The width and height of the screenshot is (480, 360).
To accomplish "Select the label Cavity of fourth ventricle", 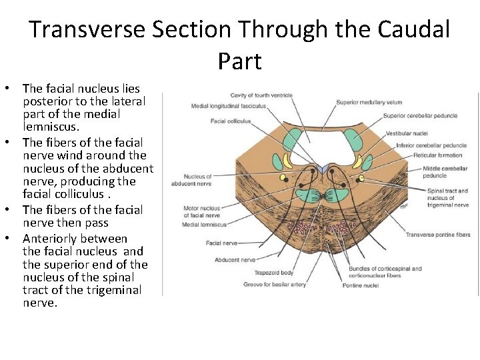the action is [x=261, y=95].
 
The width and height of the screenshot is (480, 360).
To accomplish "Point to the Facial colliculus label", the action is [x=231, y=121].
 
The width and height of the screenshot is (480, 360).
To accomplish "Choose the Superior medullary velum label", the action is [x=369, y=102].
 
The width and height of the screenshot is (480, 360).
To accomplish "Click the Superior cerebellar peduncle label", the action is [x=420, y=115].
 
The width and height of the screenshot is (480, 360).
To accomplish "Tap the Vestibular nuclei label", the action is [x=406, y=134].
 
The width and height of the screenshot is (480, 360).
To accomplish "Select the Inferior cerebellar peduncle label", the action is [x=431, y=145].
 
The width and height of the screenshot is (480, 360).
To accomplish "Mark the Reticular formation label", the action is [x=437, y=155].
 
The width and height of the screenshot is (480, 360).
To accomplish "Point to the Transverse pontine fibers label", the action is [x=438, y=235].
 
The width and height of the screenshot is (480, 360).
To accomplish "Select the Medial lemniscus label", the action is [x=205, y=225].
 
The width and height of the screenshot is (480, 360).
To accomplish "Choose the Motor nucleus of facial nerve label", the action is [x=201, y=212].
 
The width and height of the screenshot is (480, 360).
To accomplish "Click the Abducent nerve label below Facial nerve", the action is [x=235, y=259].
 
